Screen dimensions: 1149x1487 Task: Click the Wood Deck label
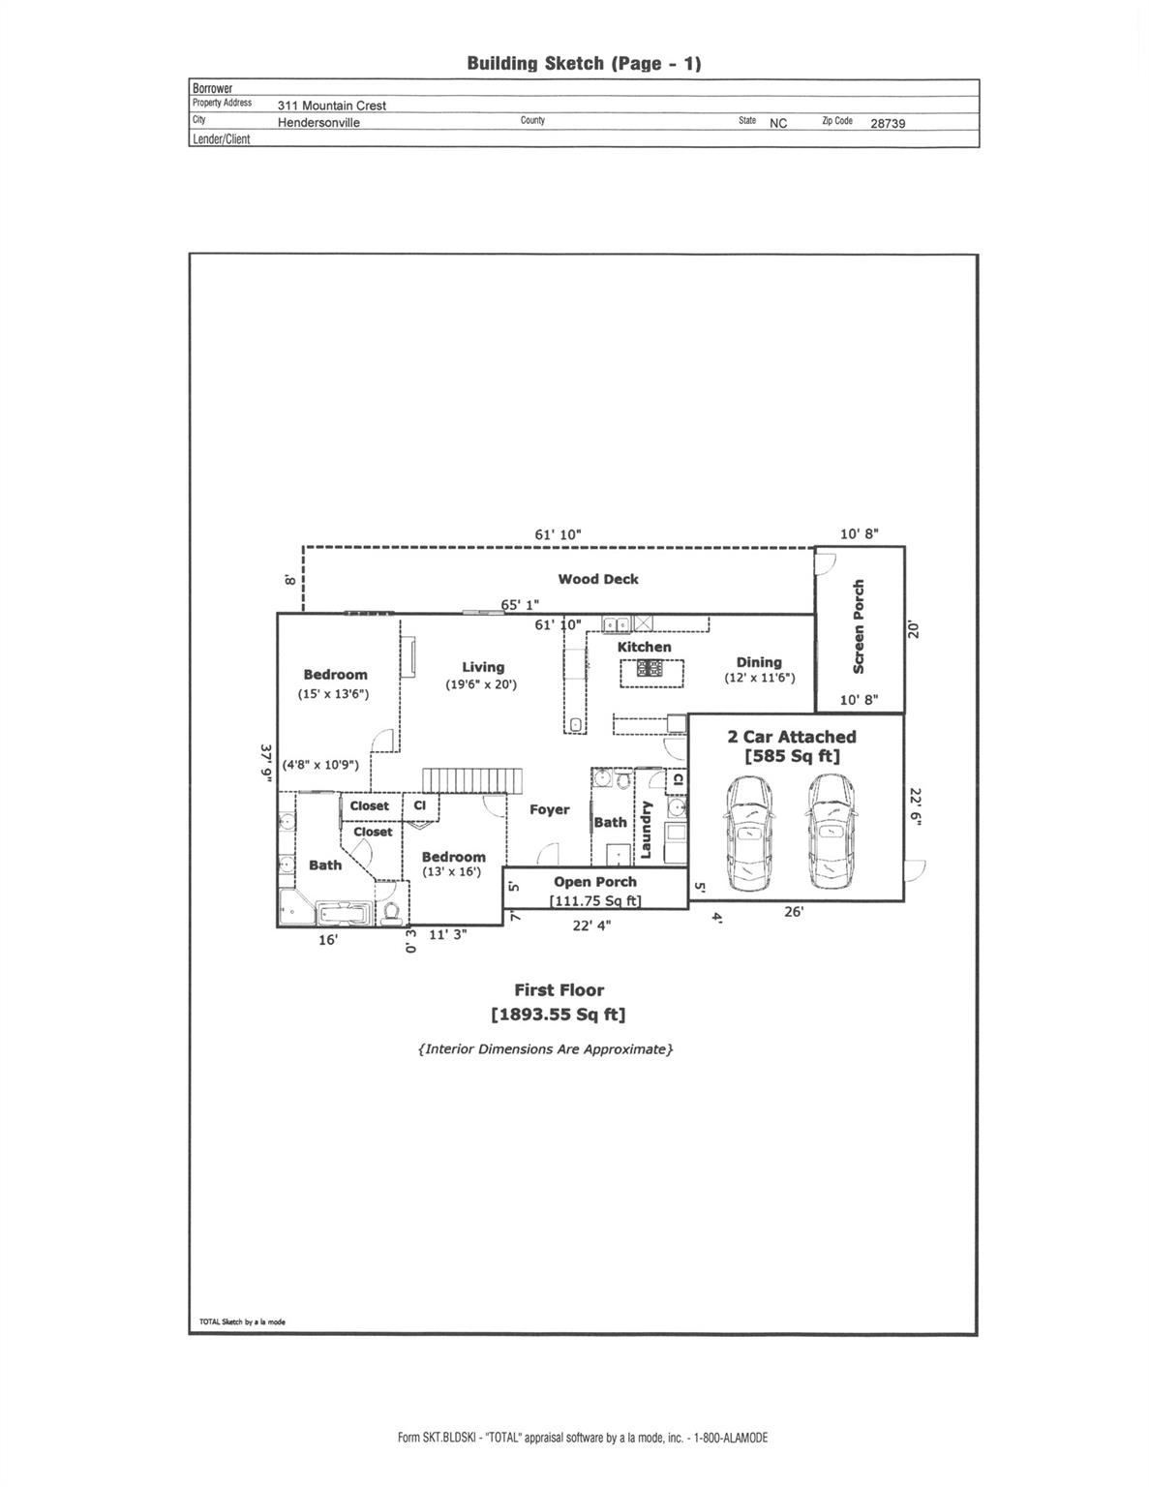[x=598, y=579]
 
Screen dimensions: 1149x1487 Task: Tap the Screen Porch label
[x=859, y=626]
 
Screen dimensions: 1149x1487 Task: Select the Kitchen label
[x=645, y=647]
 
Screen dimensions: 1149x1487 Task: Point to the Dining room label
[x=759, y=662]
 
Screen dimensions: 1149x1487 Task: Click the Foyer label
[x=549, y=809]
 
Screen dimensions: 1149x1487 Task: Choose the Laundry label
[x=645, y=830]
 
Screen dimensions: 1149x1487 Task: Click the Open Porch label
[x=595, y=882]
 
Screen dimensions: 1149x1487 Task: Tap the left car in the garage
[x=749, y=833]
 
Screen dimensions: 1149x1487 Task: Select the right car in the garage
[x=830, y=833]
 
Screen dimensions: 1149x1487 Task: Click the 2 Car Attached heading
[x=791, y=737]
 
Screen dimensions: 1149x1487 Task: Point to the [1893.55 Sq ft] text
[x=559, y=1015]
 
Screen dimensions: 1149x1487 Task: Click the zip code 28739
[x=888, y=124]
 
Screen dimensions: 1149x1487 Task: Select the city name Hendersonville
[x=318, y=123]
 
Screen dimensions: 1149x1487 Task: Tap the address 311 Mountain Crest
[x=332, y=106]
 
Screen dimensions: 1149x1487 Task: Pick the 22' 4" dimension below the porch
[x=591, y=926]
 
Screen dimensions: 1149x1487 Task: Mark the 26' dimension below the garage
[x=794, y=912]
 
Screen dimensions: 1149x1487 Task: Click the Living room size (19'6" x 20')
[x=481, y=684]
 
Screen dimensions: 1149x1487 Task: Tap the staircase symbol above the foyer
[x=472, y=781]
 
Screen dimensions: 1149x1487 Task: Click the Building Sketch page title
[x=584, y=64]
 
